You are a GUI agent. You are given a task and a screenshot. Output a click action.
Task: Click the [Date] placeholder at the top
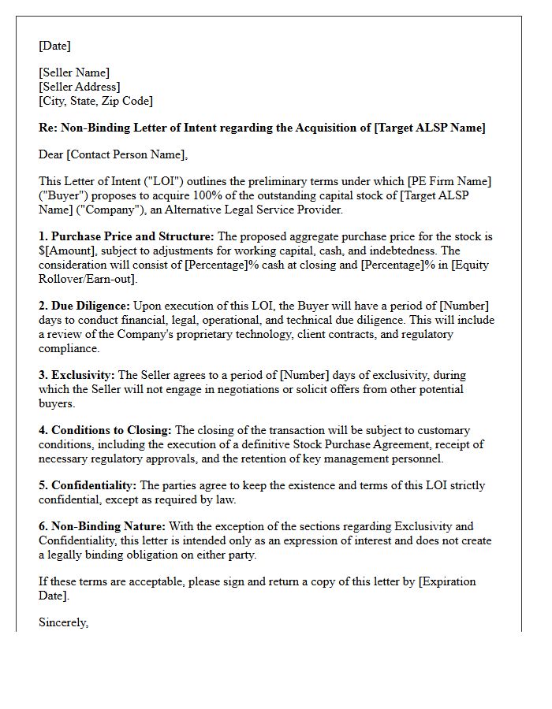(x=54, y=46)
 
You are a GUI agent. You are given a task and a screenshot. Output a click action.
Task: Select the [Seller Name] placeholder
(x=74, y=72)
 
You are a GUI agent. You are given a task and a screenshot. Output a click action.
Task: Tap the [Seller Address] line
(x=80, y=87)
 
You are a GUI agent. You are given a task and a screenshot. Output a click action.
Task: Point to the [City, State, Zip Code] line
(x=95, y=101)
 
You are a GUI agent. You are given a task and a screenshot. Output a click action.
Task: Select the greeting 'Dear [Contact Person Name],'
(x=114, y=154)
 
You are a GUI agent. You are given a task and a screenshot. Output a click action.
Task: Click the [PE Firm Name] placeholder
(x=447, y=181)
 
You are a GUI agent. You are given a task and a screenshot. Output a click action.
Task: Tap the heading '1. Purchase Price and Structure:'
(x=126, y=236)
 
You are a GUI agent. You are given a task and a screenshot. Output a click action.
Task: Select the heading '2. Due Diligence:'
(x=84, y=306)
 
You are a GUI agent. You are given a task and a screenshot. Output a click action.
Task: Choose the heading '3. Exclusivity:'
(x=76, y=375)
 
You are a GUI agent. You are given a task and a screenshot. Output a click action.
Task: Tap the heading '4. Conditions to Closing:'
(x=105, y=430)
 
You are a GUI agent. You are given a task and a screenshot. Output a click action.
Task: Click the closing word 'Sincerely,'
(x=64, y=622)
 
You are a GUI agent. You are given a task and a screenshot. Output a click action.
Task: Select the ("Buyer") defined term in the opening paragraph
(x=65, y=195)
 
